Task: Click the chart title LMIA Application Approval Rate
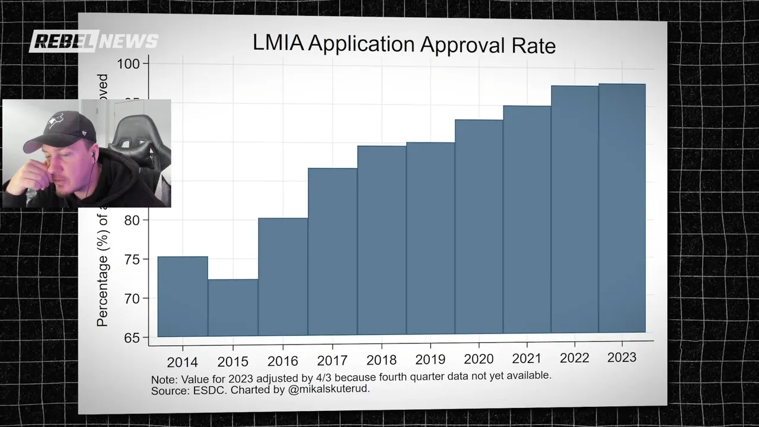tap(404, 44)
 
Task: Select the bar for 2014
tap(183, 297)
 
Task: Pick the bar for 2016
tap(283, 276)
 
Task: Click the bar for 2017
tap(333, 251)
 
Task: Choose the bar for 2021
tap(527, 219)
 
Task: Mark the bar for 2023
tap(622, 208)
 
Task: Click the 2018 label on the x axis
tap(381, 359)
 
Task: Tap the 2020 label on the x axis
tap(479, 359)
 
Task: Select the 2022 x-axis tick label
tap(574, 358)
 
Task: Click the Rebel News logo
tap(94, 40)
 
